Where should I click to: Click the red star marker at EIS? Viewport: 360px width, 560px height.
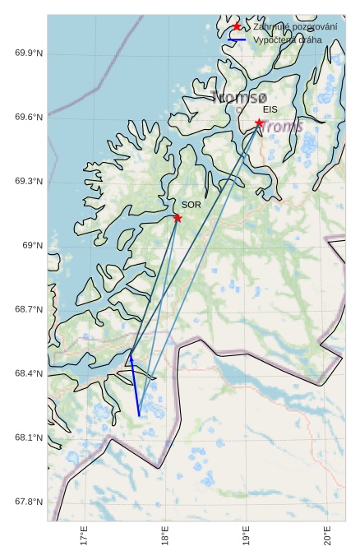(259, 123)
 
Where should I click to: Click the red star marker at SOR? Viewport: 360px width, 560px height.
(178, 218)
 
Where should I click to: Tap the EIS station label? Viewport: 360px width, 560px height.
(270, 109)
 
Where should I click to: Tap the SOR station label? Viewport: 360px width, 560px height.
(191, 205)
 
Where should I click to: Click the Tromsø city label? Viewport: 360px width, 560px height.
(239, 97)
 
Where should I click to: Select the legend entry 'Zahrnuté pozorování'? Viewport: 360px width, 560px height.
(295, 27)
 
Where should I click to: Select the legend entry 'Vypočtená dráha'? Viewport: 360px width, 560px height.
(287, 39)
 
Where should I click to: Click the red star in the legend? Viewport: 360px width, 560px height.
(237, 26)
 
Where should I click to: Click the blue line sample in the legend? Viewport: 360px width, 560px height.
(237, 39)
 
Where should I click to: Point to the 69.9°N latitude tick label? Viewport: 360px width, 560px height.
(29, 53)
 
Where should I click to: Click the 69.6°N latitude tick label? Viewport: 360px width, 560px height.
(29, 118)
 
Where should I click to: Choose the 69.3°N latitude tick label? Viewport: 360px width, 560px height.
(29, 181)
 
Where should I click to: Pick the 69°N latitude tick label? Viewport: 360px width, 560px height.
(31, 245)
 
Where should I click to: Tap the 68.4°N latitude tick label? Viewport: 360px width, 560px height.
(29, 373)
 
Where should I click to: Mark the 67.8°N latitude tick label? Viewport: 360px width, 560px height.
(29, 502)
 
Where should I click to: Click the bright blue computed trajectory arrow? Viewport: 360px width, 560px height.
(135, 386)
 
